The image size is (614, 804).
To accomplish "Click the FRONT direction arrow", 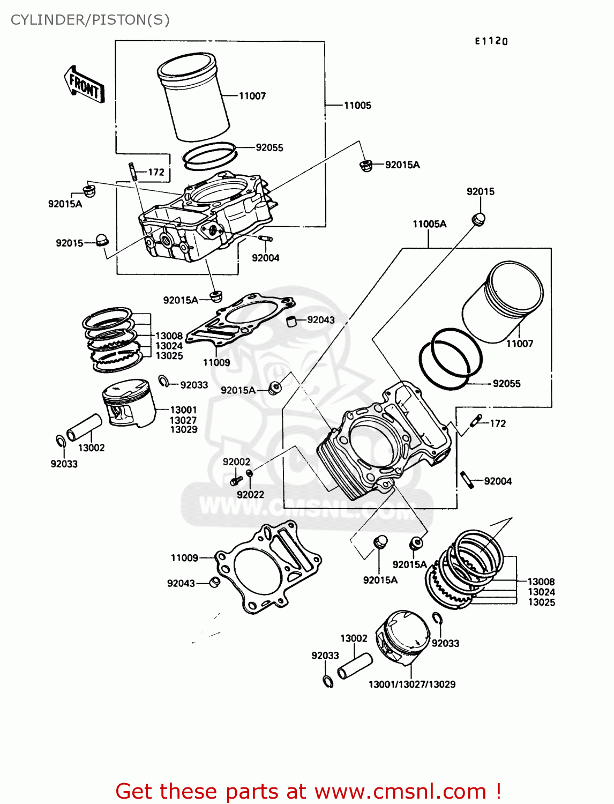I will (x=84, y=85).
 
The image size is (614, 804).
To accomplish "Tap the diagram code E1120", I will (x=491, y=41).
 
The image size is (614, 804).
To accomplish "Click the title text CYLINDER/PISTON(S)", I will (x=90, y=20).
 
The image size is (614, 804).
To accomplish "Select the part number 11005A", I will (x=429, y=224).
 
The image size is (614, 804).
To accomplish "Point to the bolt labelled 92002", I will (x=234, y=481).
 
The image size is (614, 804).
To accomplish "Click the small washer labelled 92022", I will (x=249, y=473).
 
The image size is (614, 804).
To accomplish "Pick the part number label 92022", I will (x=250, y=495).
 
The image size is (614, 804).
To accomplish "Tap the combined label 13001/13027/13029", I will (x=411, y=684).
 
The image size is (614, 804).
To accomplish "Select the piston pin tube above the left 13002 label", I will (x=84, y=427).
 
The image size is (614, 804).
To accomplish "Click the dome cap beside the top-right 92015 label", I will (x=478, y=218).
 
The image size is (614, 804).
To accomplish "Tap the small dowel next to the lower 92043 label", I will (x=214, y=582).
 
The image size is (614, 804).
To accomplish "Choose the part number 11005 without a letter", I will (x=357, y=106).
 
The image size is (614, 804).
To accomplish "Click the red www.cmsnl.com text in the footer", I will (x=400, y=791).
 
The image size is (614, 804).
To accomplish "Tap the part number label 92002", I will (x=236, y=462).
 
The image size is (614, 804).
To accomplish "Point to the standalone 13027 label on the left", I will (x=183, y=420).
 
